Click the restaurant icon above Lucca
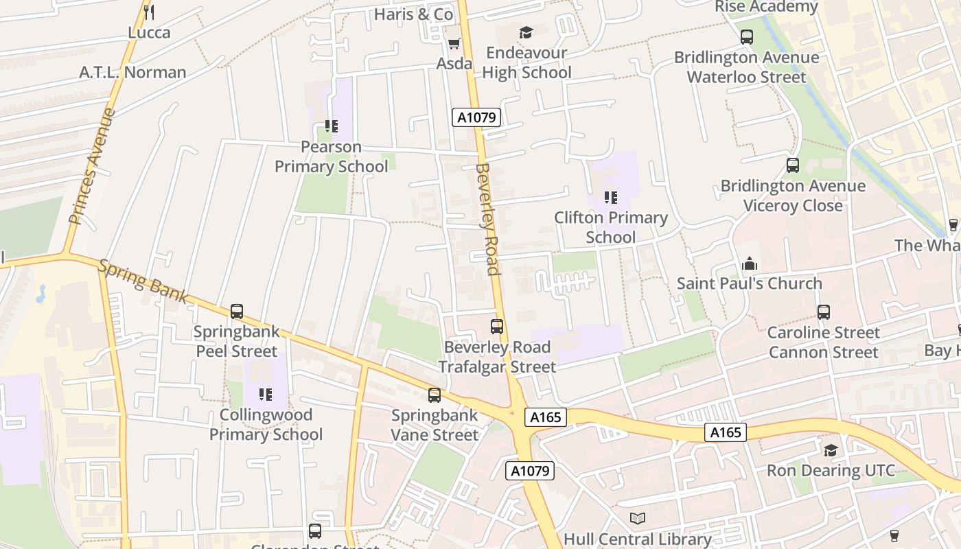pyautogui.click(x=149, y=12)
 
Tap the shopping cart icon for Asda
pyautogui.click(x=453, y=44)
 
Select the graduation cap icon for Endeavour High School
pyautogui.click(x=526, y=32)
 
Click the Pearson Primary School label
pyautogui.click(x=332, y=156)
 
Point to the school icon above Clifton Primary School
pyautogui.click(x=610, y=198)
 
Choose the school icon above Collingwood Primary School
pyautogui.click(x=266, y=394)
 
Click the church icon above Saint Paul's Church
pyautogui.click(x=749, y=264)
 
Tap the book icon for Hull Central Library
pyautogui.click(x=638, y=519)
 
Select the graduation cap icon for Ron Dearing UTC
pyautogui.click(x=831, y=450)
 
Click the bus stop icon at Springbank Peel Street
pyautogui.click(x=237, y=312)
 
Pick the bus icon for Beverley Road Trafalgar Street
pyautogui.click(x=497, y=327)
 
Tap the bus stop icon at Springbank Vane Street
pyautogui.click(x=435, y=395)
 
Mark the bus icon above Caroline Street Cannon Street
pyautogui.click(x=824, y=312)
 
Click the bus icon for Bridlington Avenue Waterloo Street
pyautogui.click(x=747, y=37)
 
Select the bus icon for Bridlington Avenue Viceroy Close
pyautogui.click(x=793, y=165)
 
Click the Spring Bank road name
pyautogui.click(x=143, y=281)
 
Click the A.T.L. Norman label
pyautogui.click(x=132, y=72)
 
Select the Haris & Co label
pyautogui.click(x=413, y=14)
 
